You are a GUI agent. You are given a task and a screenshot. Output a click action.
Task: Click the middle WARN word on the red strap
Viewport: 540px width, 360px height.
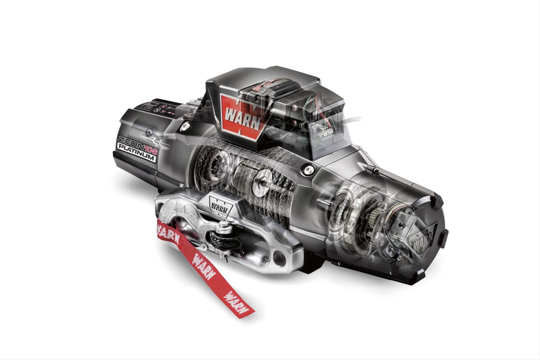(x=199, y=259)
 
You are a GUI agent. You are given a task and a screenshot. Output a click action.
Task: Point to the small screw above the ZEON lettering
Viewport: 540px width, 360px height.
(x=148, y=131)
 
